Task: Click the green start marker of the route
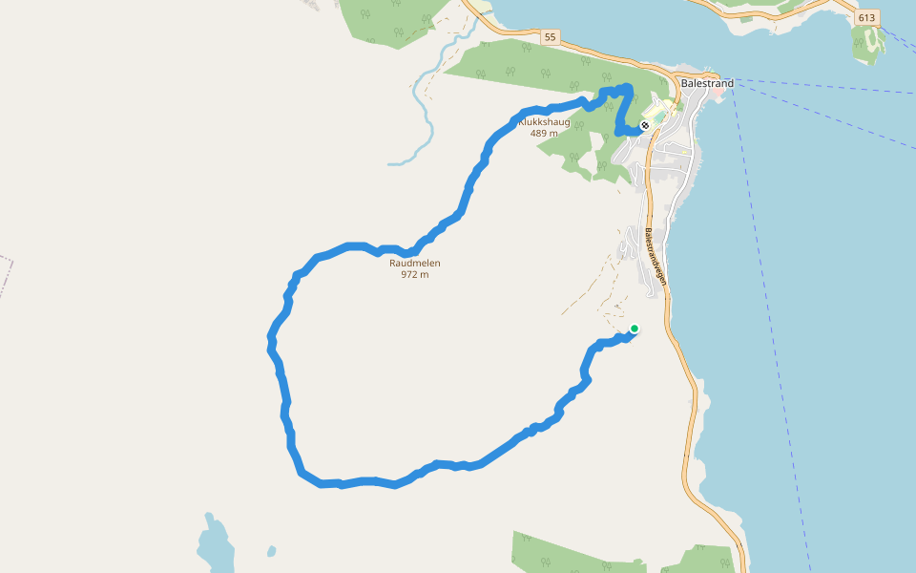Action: tap(635, 329)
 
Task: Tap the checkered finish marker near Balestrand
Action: tap(645, 125)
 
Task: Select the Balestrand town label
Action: tap(707, 83)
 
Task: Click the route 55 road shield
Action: tap(549, 37)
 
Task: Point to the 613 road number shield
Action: tap(866, 18)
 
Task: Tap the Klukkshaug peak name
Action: tap(544, 122)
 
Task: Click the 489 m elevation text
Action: tap(544, 133)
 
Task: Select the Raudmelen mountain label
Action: tap(415, 264)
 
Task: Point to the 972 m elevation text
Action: tap(415, 275)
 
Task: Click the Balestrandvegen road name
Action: tap(655, 257)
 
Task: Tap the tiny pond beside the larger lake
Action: tap(272, 551)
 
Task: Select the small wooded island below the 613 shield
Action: tap(868, 43)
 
